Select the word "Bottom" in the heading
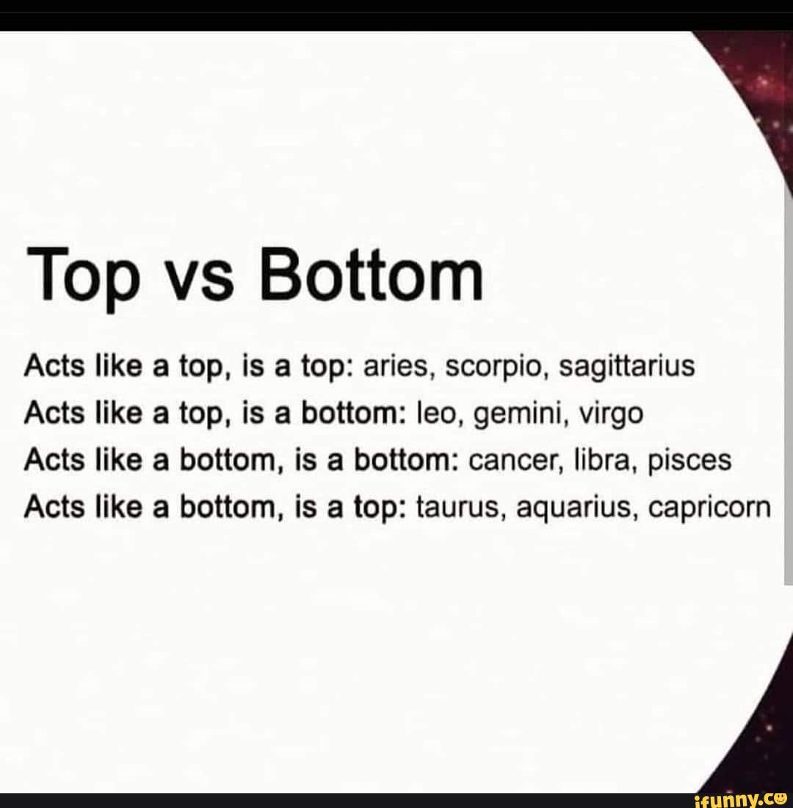pos(372,273)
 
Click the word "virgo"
pos(612,415)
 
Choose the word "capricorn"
pos(709,509)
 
